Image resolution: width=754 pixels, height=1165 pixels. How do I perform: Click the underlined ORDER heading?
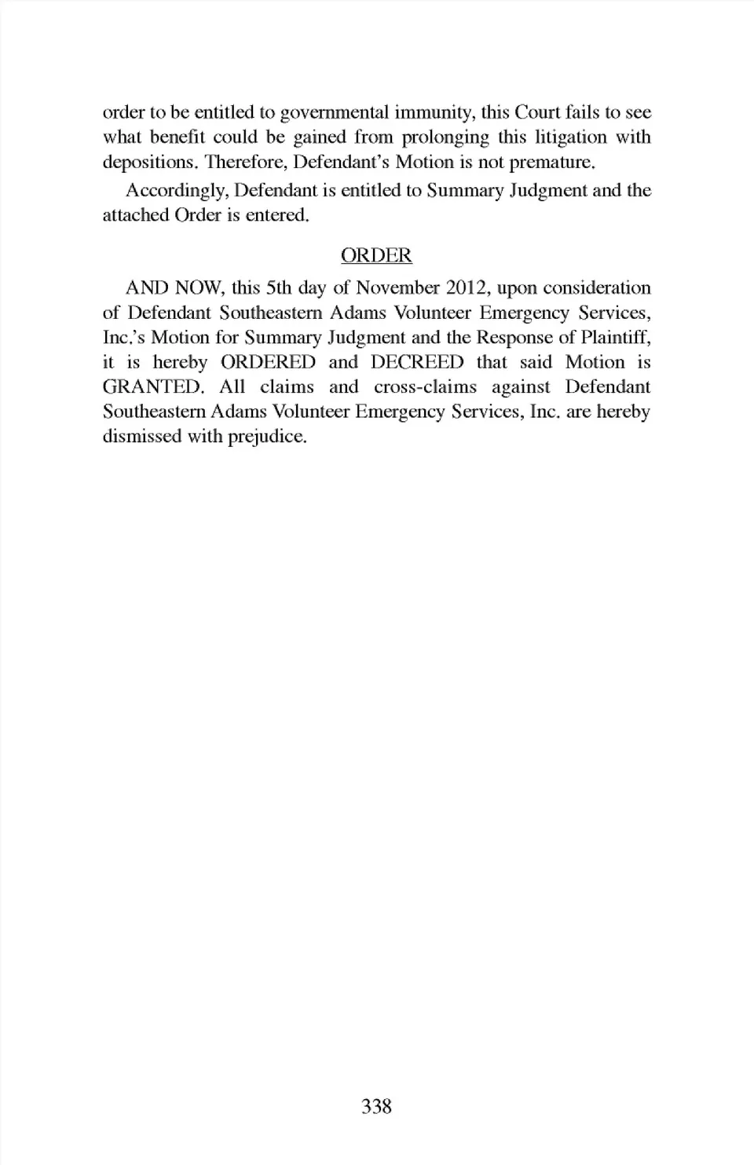[376, 255]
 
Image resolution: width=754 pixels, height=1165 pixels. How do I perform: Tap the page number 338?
[376, 1106]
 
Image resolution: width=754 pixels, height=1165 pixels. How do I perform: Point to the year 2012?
[467, 288]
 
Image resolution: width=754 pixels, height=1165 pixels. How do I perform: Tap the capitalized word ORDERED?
[268, 362]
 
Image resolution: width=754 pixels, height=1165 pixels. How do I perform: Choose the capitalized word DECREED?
[417, 362]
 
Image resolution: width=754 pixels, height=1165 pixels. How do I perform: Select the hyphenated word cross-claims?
[425, 387]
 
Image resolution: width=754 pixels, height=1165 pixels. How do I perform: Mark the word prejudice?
[266, 437]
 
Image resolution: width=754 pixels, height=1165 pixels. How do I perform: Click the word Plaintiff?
[616, 338]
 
